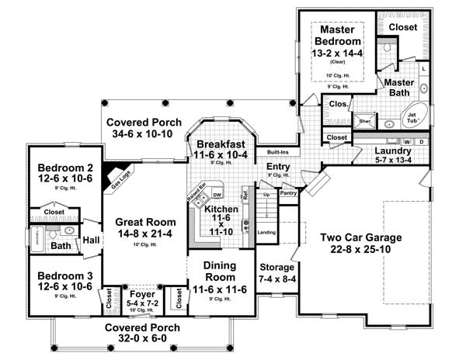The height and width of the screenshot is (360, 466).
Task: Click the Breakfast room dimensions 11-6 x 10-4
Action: (x=221, y=155)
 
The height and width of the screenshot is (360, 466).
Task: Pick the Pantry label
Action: (x=288, y=192)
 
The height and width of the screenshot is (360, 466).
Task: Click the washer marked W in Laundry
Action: (x=406, y=141)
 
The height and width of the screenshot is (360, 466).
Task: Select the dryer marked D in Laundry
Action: (x=420, y=141)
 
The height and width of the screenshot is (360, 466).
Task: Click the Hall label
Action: (x=91, y=240)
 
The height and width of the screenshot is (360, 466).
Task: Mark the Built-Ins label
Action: (x=279, y=152)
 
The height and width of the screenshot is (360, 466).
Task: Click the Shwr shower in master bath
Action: (x=364, y=121)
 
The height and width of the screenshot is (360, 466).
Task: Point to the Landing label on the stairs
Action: (x=266, y=232)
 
